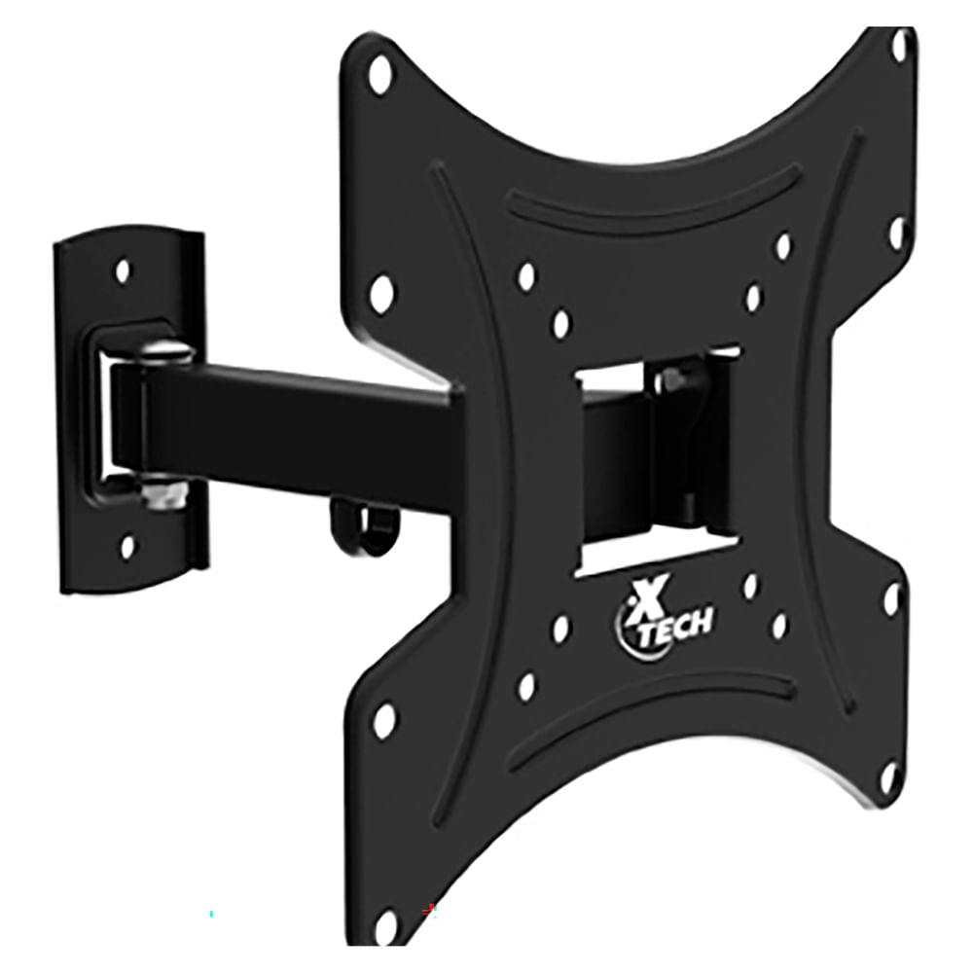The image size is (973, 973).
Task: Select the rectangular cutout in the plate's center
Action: click(x=654, y=457)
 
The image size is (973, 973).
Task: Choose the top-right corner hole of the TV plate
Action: click(x=900, y=44)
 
